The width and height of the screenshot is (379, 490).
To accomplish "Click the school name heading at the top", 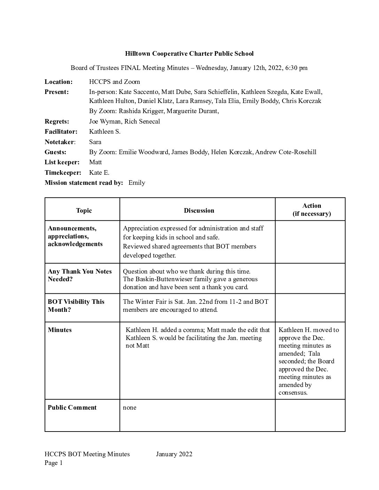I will point(189,54).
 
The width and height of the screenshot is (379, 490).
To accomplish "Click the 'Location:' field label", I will point(59,82).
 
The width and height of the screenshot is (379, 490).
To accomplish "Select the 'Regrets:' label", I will point(57,121).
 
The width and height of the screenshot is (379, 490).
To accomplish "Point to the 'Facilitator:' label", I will point(61,132).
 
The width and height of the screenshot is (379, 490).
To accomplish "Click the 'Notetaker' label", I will point(59,142).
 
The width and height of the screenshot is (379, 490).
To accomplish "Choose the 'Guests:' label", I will point(55,152).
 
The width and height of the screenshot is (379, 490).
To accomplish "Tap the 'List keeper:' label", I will point(62,162).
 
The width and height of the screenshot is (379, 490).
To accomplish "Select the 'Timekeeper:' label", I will point(63,173).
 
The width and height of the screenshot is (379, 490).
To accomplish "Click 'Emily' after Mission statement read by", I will point(137,183).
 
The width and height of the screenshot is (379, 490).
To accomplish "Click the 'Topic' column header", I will point(84,211).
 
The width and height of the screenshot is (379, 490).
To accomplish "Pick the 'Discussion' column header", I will point(199,211).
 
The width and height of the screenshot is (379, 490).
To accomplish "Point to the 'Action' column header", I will point(311,206).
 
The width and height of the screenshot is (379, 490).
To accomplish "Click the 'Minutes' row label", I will point(60,330).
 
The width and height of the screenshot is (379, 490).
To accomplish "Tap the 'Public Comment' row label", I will point(72,408).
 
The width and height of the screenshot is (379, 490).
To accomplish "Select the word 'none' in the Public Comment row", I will point(130,408).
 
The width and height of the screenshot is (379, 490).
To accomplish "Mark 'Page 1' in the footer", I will point(54,463).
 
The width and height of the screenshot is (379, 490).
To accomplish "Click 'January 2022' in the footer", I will point(174,454).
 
